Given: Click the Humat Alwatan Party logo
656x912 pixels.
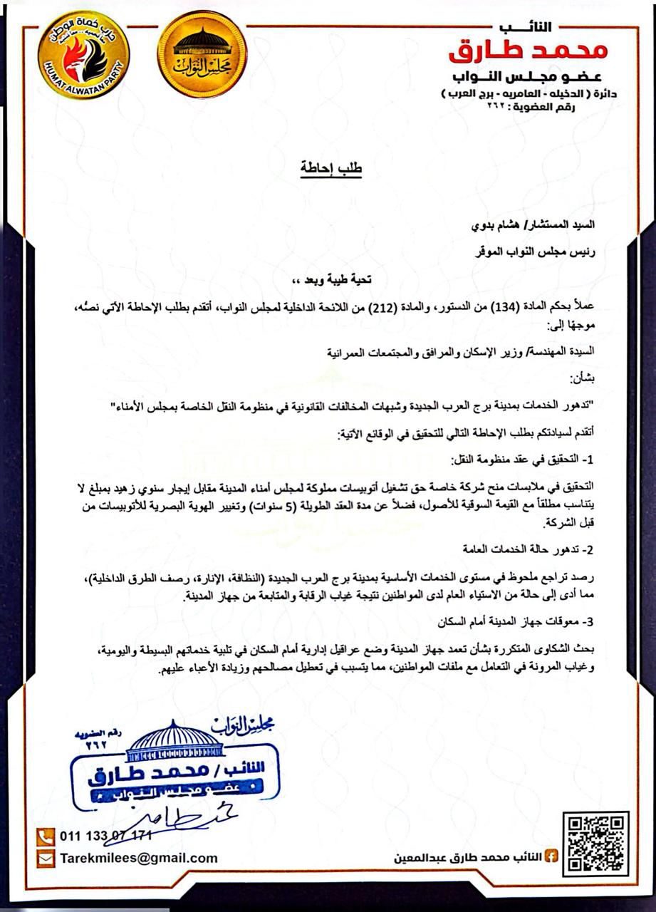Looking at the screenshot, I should (84, 56).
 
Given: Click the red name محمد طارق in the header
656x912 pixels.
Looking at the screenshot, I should (528, 50).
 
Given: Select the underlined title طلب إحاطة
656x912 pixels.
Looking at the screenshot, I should (329, 170).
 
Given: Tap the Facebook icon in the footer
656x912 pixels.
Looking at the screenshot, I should (551, 856).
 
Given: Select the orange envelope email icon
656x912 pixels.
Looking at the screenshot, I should (46, 858).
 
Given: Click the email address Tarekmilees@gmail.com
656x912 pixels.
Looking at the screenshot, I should (139, 858).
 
